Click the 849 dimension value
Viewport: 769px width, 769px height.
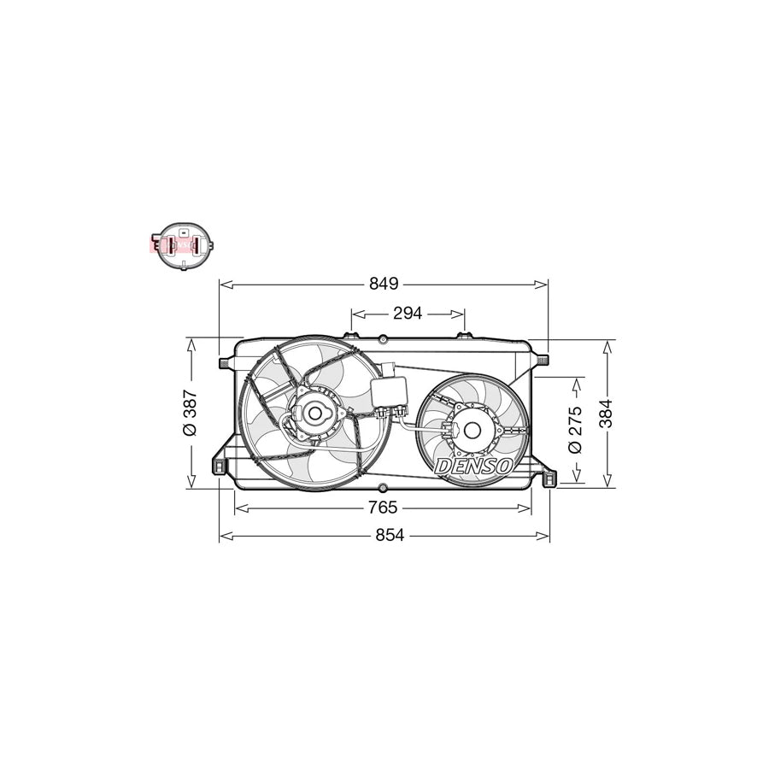[x=384, y=284]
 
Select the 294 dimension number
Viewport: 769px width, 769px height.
[x=408, y=314]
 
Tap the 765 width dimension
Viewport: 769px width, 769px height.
[x=383, y=508]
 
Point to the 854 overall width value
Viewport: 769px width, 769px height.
[x=384, y=535]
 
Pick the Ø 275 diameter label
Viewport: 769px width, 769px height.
[x=575, y=430]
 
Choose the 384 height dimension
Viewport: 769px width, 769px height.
[x=608, y=414]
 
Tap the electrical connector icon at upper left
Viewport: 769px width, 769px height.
[x=181, y=244]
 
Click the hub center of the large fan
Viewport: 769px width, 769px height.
[x=314, y=414]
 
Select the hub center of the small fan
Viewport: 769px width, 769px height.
[x=468, y=429]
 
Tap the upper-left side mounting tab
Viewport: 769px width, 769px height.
[x=226, y=363]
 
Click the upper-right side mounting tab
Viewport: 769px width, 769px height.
[x=540, y=361]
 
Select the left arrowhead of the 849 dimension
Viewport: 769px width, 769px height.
[x=224, y=284]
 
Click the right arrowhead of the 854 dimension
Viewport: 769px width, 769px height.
[x=545, y=535]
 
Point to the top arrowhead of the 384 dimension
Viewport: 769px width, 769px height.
[x=608, y=344]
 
